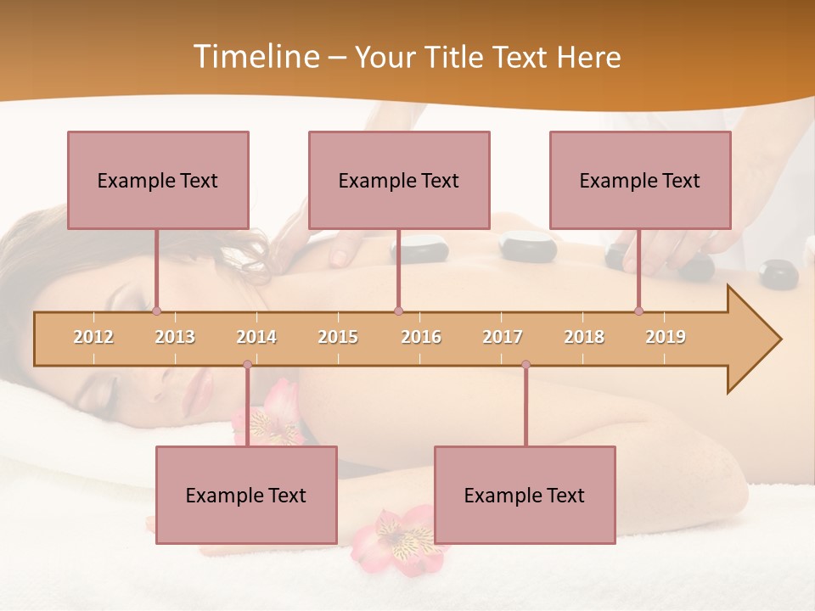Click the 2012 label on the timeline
pyautogui.click(x=93, y=338)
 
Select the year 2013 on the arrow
pyautogui.click(x=175, y=338)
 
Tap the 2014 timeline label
pyautogui.click(x=256, y=338)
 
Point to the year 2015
pyautogui.click(x=338, y=338)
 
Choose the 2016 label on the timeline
pyautogui.click(x=421, y=338)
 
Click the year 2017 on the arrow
pyautogui.click(x=503, y=338)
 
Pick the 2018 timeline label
pyautogui.click(x=584, y=338)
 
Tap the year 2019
pyautogui.click(x=666, y=338)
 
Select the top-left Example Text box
pyautogui.click(x=158, y=181)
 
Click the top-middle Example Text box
pyautogui.click(x=399, y=181)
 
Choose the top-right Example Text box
pyautogui.click(x=640, y=181)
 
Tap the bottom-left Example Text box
pyautogui.click(x=246, y=496)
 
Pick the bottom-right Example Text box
pyautogui.click(x=525, y=496)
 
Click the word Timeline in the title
pyautogui.click(x=256, y=57)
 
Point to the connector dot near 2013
pyautogui.click(x=156, y=311)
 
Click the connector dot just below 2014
pyautogui.click(x=247, y=365)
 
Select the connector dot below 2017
pyautogui.click(x=526, y=365)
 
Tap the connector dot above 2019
pyautogui.click(x=638, y=311)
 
